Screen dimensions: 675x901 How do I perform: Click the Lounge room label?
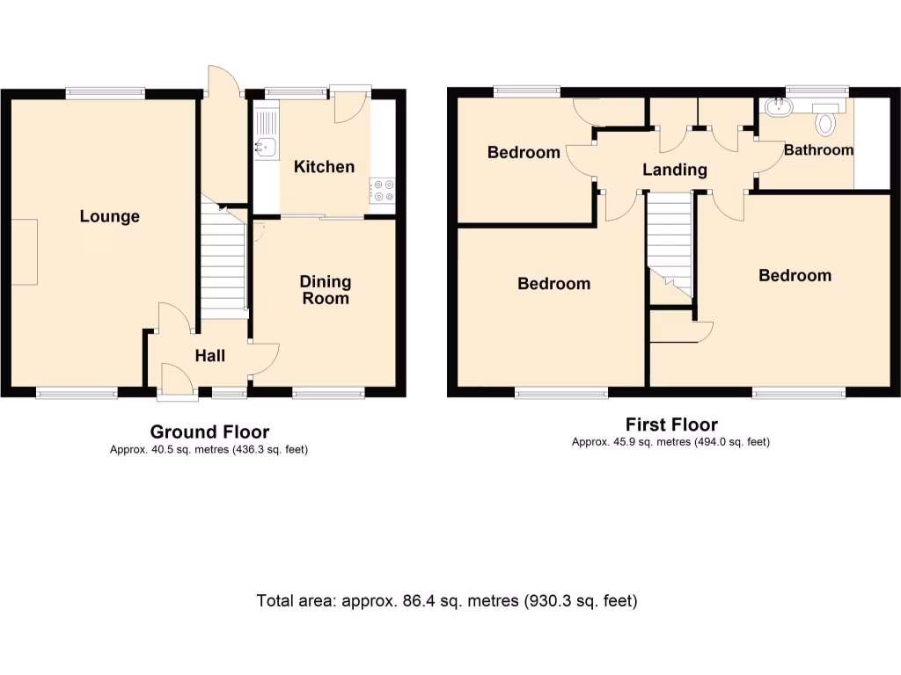pyautogui.click(x=109, y=216)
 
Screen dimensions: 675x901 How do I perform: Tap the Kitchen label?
pyautogui.click(x=324, y=167)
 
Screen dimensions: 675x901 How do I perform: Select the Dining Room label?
pyautogui.click(x=325, y=290)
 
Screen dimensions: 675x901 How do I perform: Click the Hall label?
pyautogui.click(x=209, y=355)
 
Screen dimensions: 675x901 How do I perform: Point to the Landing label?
pyautogui.click(x=674, y=170)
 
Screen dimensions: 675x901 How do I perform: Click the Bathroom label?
pyautogui.click(x=818, y=150)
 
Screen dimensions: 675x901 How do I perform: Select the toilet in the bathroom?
pyautogui.click(x=825, y=120)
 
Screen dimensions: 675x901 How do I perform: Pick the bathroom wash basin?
pyautogui.click(x=777, y=109)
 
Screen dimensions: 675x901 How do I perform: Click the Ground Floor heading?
pyautogui.click(x=209, y=432)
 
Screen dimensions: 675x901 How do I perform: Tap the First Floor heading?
pyautogui.click(x=671, y=425)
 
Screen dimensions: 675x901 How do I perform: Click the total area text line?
pyautogui.click(x=447, y=601)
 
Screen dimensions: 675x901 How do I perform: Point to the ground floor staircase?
pyautogui.click(x=223, y=259)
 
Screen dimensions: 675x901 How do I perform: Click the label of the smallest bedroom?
pyautogui.click(x=524, y=152)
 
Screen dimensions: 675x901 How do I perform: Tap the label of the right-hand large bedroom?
pyautogui.click(x=795, y=275)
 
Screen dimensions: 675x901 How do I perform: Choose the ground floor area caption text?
pyautogui.click(x=209, y=450)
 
